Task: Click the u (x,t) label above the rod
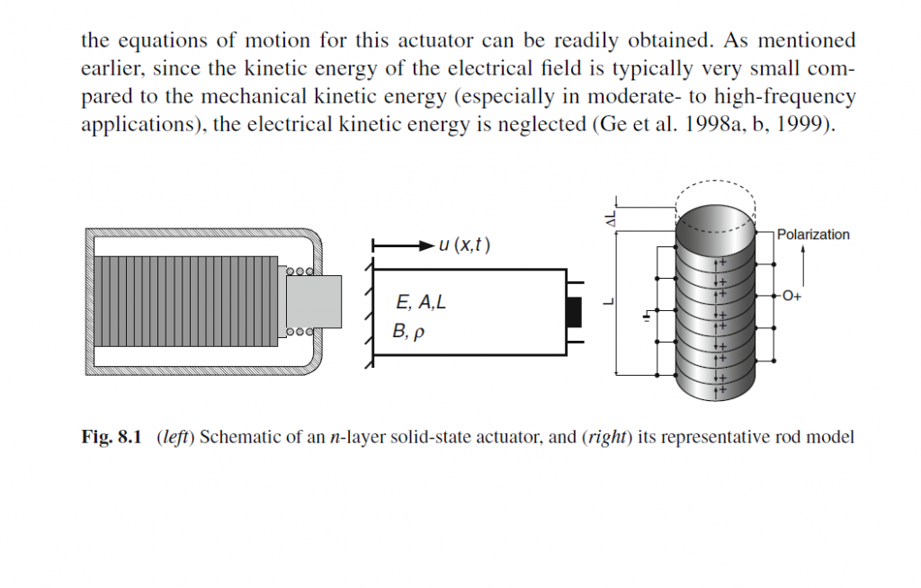click(464, 245)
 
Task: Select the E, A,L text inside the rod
click(420, 303)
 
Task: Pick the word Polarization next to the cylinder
click(813, 235)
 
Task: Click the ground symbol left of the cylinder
click(645, 316)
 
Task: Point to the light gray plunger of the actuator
click(314, 301)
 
